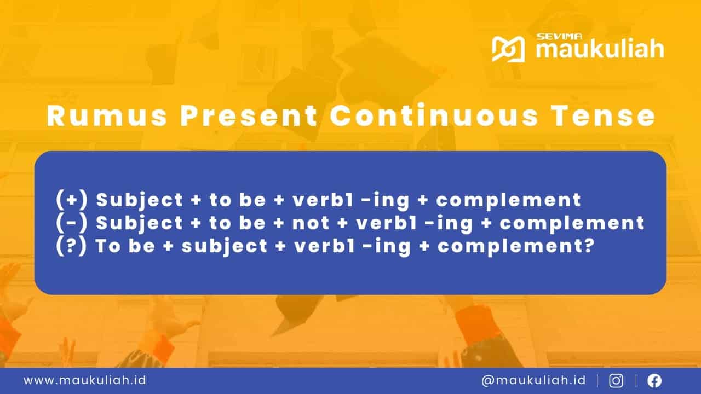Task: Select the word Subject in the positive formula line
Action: pyautogui.click(x=140, y=200)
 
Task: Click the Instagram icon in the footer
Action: pyautogui.click(x=616, y=380)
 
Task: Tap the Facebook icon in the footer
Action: pyautogui.click(x=654, y=380)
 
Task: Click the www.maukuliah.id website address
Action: pyautogui.click(x=84, y=380)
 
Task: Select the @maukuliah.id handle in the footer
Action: pyautogui.click(x=533, y=380)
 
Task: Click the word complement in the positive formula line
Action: pyautogui.click(x=508, y=200)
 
